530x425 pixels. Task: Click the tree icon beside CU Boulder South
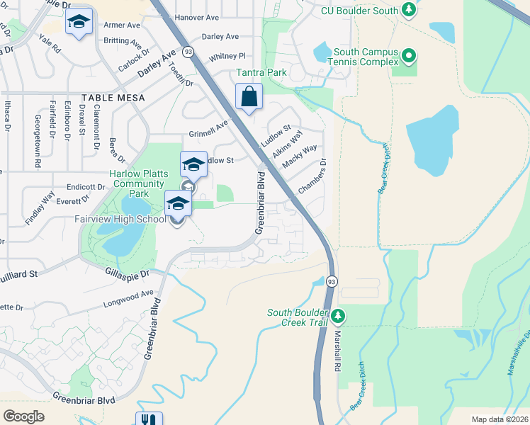pos(408,10)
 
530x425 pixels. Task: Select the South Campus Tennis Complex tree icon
pos(408,55)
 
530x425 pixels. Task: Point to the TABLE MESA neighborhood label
pos(113,98)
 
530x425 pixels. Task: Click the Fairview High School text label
pos(120,219)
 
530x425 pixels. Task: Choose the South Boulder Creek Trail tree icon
pos(339,314)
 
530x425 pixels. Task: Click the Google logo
pos(23,416)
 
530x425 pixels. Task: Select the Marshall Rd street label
pos(337,351)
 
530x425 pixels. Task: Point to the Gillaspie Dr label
pos(128,272)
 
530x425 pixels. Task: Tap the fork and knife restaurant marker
pos(149,419)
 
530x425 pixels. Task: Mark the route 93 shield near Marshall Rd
pos(331,281)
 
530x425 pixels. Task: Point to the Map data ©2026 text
pos(499,419)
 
